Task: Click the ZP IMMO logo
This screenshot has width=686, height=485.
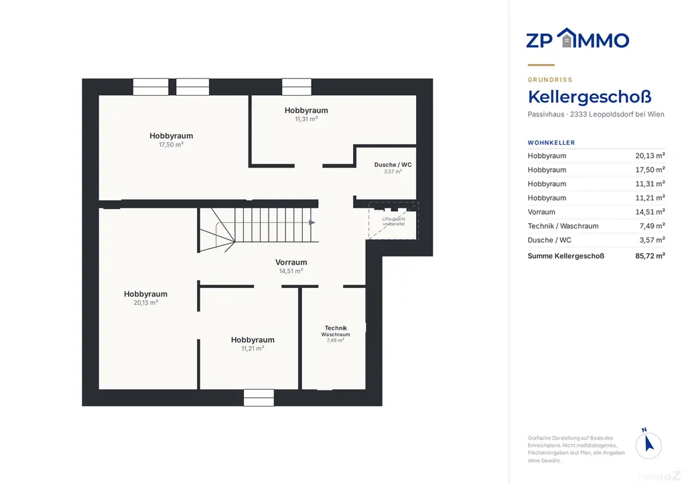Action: [577, 38]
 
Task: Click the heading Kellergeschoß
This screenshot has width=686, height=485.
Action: [590, 97]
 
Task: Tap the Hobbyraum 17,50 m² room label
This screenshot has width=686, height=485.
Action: [171, 140]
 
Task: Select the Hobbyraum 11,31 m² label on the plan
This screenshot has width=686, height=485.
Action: [306, 114]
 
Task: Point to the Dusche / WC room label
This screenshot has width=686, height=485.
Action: [393, 167]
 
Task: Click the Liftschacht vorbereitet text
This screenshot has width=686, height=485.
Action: [394, 221]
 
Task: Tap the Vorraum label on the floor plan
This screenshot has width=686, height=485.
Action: [291, 266]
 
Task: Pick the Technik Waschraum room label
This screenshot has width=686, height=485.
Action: [336, 334]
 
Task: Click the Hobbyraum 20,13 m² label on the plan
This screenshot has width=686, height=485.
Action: [145, 298]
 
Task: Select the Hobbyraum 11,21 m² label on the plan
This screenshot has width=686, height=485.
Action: [253, 344]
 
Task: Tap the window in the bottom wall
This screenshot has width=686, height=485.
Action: [259, 397]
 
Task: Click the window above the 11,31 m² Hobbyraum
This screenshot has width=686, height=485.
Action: [297, 86]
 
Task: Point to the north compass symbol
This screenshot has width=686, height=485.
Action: [648, 444]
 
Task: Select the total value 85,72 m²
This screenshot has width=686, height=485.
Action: [650, 256]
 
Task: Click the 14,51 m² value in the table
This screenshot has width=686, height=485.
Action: [650, 212]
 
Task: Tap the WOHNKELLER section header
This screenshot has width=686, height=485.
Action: [551, 143]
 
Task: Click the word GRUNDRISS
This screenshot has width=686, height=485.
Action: [550, 80]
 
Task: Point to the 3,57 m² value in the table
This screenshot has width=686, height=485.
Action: [653, 240]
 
